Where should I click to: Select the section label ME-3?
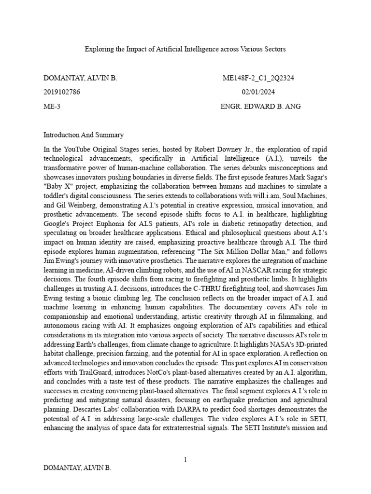(x=52, y=106)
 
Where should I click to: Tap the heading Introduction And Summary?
(x=84, y=135)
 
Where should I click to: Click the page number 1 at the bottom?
(x=185, y=460)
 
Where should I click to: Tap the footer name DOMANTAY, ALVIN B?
(x=77, y=468)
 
